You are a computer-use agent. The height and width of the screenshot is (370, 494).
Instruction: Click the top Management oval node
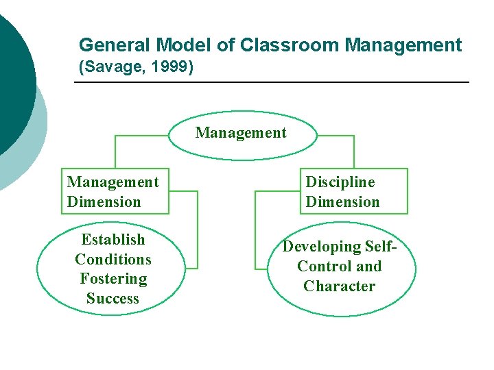coord(241,133)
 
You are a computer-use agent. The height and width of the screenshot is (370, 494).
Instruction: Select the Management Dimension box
coord(114,191)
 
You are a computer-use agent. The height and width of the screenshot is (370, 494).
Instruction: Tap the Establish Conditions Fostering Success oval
coord(113,269)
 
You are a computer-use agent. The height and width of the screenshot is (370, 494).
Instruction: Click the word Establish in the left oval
coord(113,240)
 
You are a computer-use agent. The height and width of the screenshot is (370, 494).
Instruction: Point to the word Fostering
coord(113,279)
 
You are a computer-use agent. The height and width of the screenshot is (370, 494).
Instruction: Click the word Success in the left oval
coord(113,299)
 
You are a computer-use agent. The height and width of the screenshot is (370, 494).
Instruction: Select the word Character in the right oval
coord(340,286)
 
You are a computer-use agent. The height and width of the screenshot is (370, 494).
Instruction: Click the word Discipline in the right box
coord(340,182)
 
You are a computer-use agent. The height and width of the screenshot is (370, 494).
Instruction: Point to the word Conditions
coord(113,260)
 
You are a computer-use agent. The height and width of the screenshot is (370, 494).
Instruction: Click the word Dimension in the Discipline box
coord(342,202)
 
